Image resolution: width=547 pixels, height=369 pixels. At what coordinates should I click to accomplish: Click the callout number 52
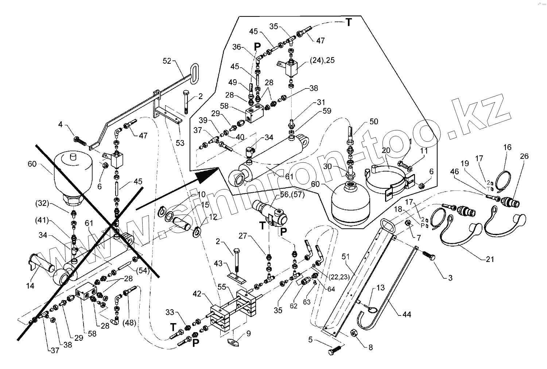coord(167,61)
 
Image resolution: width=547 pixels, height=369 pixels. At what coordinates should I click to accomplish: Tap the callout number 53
coord(180,143)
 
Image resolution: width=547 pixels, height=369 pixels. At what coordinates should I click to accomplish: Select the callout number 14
coord(30,286)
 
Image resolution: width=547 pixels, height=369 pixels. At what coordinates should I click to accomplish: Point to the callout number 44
coord(407,314)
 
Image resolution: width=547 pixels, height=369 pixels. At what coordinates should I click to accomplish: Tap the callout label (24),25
coord(322,60)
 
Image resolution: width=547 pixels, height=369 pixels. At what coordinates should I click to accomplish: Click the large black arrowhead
coord(207,175)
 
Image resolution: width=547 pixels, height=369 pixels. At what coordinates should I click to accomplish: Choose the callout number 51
coord(346,256)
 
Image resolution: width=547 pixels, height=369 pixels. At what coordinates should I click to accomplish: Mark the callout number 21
coord(490,259)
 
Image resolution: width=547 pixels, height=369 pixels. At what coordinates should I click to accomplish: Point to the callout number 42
coord(197,294)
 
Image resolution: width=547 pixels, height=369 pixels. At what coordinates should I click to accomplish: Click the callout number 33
coord(170,313)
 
